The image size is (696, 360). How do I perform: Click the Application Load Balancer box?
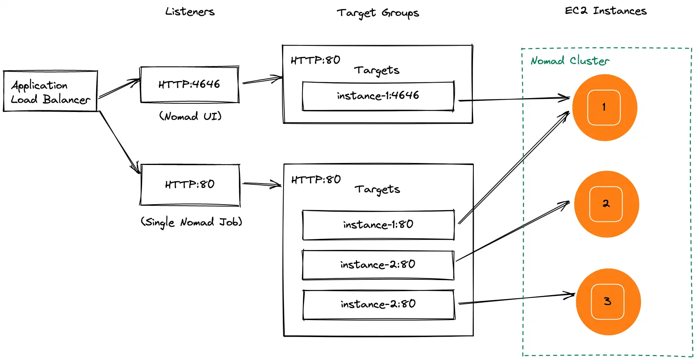(50, 91)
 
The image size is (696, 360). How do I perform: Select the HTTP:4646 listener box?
(189, 85)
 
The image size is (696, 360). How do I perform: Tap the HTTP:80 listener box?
(190, 185)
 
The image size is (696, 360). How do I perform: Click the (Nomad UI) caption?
(190, 116)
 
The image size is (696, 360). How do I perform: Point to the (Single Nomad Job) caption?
(191, 222)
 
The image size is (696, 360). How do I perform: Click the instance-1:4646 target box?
(378, 96)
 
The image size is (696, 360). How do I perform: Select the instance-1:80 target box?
(378, 225)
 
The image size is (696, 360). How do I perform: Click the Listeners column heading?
(190, 12)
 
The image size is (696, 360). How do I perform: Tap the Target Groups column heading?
(378, 13)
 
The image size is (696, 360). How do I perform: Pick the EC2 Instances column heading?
(605, 11)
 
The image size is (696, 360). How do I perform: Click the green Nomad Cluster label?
(570, 61)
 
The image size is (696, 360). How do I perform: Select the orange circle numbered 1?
(604, 107)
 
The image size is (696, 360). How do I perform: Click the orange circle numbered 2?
(606, 204)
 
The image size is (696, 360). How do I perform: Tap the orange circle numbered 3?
(608, 302)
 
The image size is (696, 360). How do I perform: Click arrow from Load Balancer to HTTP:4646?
(119, 89)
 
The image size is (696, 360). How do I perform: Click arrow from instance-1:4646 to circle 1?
(514, 99)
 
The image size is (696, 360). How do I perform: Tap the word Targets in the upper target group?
(376, 70)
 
